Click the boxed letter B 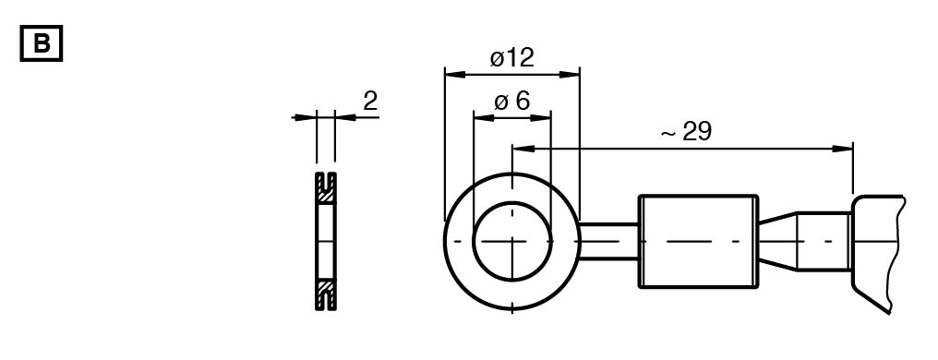coord(42,43)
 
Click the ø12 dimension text coord(511,58)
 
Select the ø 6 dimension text coord(512,102)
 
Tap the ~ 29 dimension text coord(686,132)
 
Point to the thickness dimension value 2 coord(370,101)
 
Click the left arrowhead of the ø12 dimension coord(454,74)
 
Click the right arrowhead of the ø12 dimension coord(570,74)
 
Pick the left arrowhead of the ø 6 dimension coord(484,117)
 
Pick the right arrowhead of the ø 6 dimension coord(540,117)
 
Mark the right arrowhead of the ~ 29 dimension coord(843,149)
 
